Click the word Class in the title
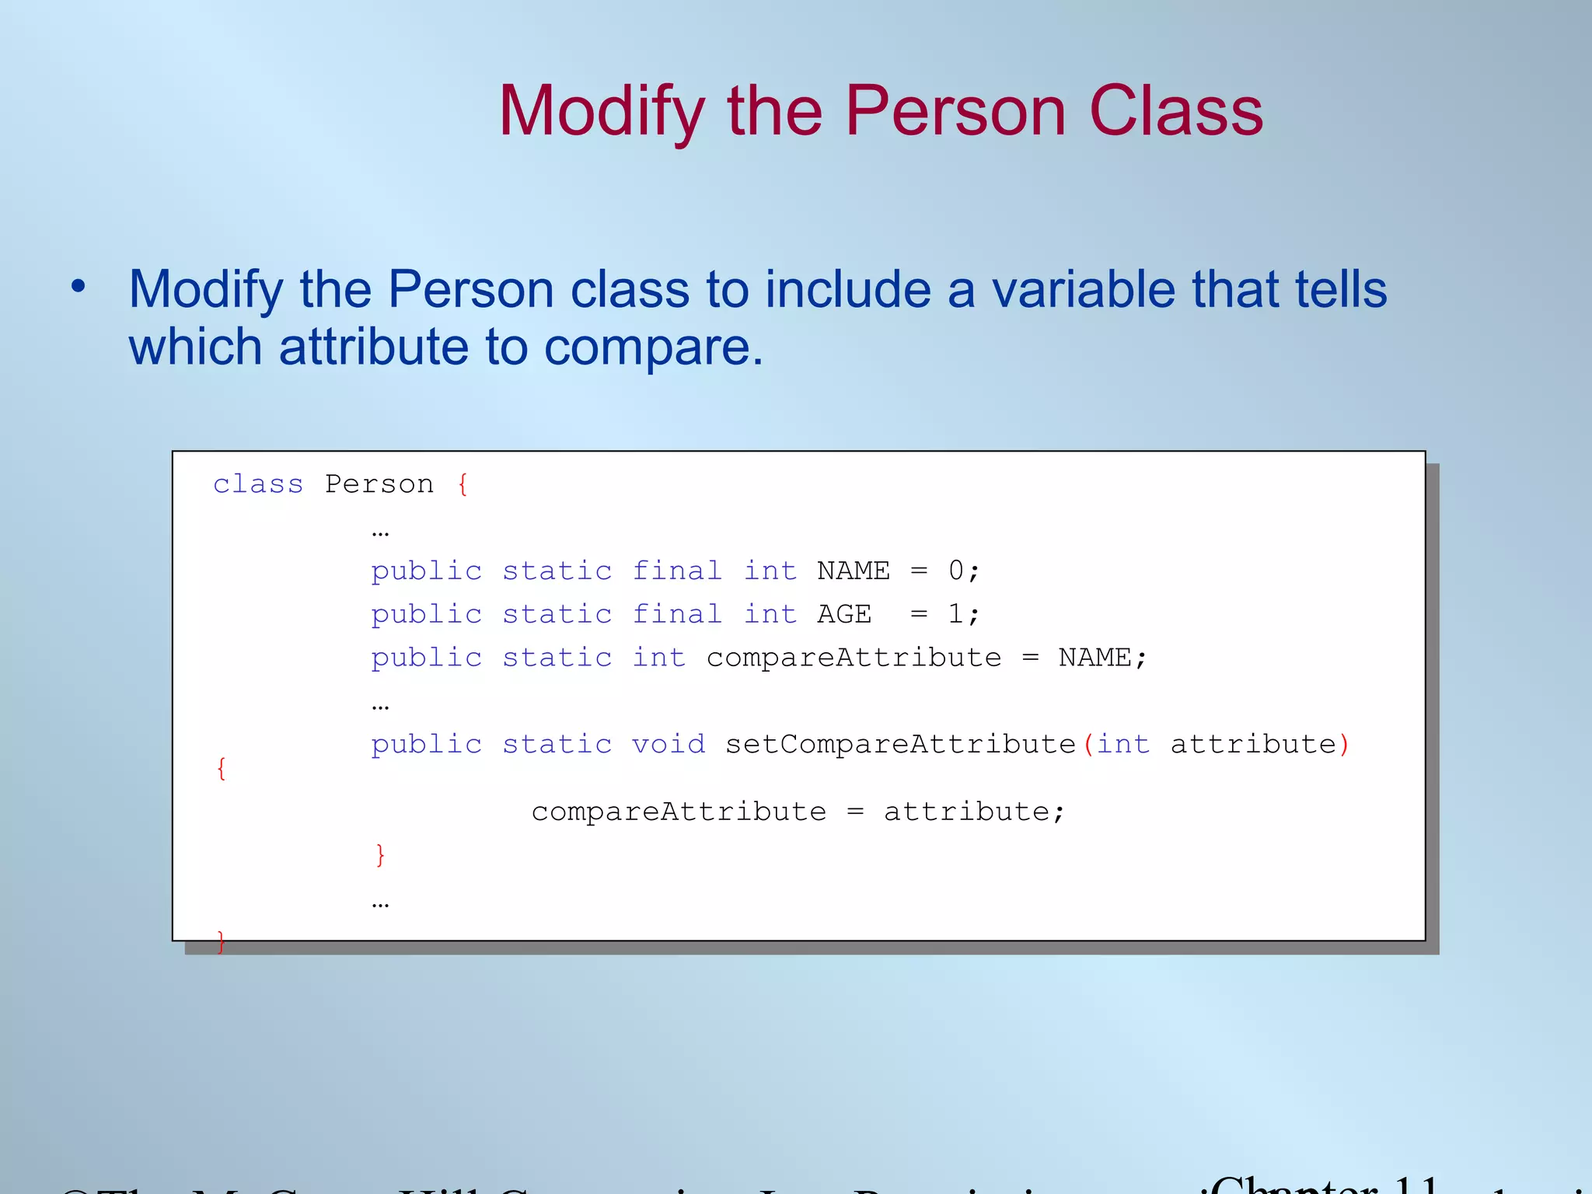1175,112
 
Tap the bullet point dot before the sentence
78,287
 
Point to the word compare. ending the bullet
653,347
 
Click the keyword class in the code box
258,484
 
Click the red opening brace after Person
463,484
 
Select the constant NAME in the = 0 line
853,571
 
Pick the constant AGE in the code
844,615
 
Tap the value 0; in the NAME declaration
963,571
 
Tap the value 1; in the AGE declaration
963,615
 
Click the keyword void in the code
668,745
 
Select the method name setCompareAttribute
900,745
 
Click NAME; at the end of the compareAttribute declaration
1102,658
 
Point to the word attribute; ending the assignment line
974,812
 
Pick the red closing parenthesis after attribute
1344,745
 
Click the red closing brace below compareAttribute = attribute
380,855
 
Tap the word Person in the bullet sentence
470,289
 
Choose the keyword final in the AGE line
677,615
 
